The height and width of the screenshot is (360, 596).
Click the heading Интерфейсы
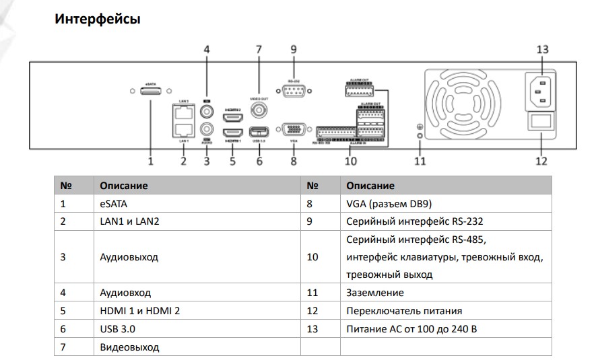tap(97, 19)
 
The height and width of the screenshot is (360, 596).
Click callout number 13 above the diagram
tap(542, 49)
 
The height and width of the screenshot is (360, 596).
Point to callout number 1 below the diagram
tap(151, 161)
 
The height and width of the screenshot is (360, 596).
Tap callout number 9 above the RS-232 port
tap(293, 49)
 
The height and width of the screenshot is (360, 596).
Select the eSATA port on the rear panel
tap(150, 91)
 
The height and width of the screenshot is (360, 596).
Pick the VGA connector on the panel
tap(294, 130)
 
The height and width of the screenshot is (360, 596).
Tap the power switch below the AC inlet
tap(542, 122)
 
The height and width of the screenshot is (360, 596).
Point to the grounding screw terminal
tap(420, 135)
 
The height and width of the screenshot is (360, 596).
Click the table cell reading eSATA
tap(112, 203)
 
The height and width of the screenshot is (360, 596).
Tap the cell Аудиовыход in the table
tap(129, 257)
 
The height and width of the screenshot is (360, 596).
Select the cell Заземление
tap(375, 293)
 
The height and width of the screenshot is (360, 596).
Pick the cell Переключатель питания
tap(404, 311)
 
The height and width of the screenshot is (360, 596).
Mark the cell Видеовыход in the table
tap(129, 347)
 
